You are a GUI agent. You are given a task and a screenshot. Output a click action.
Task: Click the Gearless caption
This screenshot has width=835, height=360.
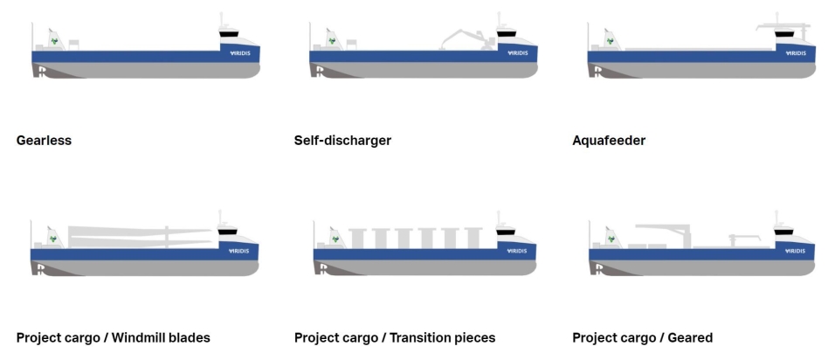[44, 140]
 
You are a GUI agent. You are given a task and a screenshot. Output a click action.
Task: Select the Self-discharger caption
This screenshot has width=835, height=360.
[342, 140]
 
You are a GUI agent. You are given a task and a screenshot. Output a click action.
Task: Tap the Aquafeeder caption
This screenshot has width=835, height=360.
[609, 140]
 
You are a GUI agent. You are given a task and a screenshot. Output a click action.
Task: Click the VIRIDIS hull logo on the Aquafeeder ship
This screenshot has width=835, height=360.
[795, 53]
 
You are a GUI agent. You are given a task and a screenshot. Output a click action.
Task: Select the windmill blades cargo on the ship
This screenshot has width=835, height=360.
[140, 234]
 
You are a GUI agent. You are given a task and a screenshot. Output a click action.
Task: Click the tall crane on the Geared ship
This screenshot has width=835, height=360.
[673, 232]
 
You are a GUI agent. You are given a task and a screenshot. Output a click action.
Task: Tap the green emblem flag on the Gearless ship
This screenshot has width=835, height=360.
[53, 39]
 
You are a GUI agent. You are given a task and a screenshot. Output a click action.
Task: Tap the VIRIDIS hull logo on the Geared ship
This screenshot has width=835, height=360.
[795, 252]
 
